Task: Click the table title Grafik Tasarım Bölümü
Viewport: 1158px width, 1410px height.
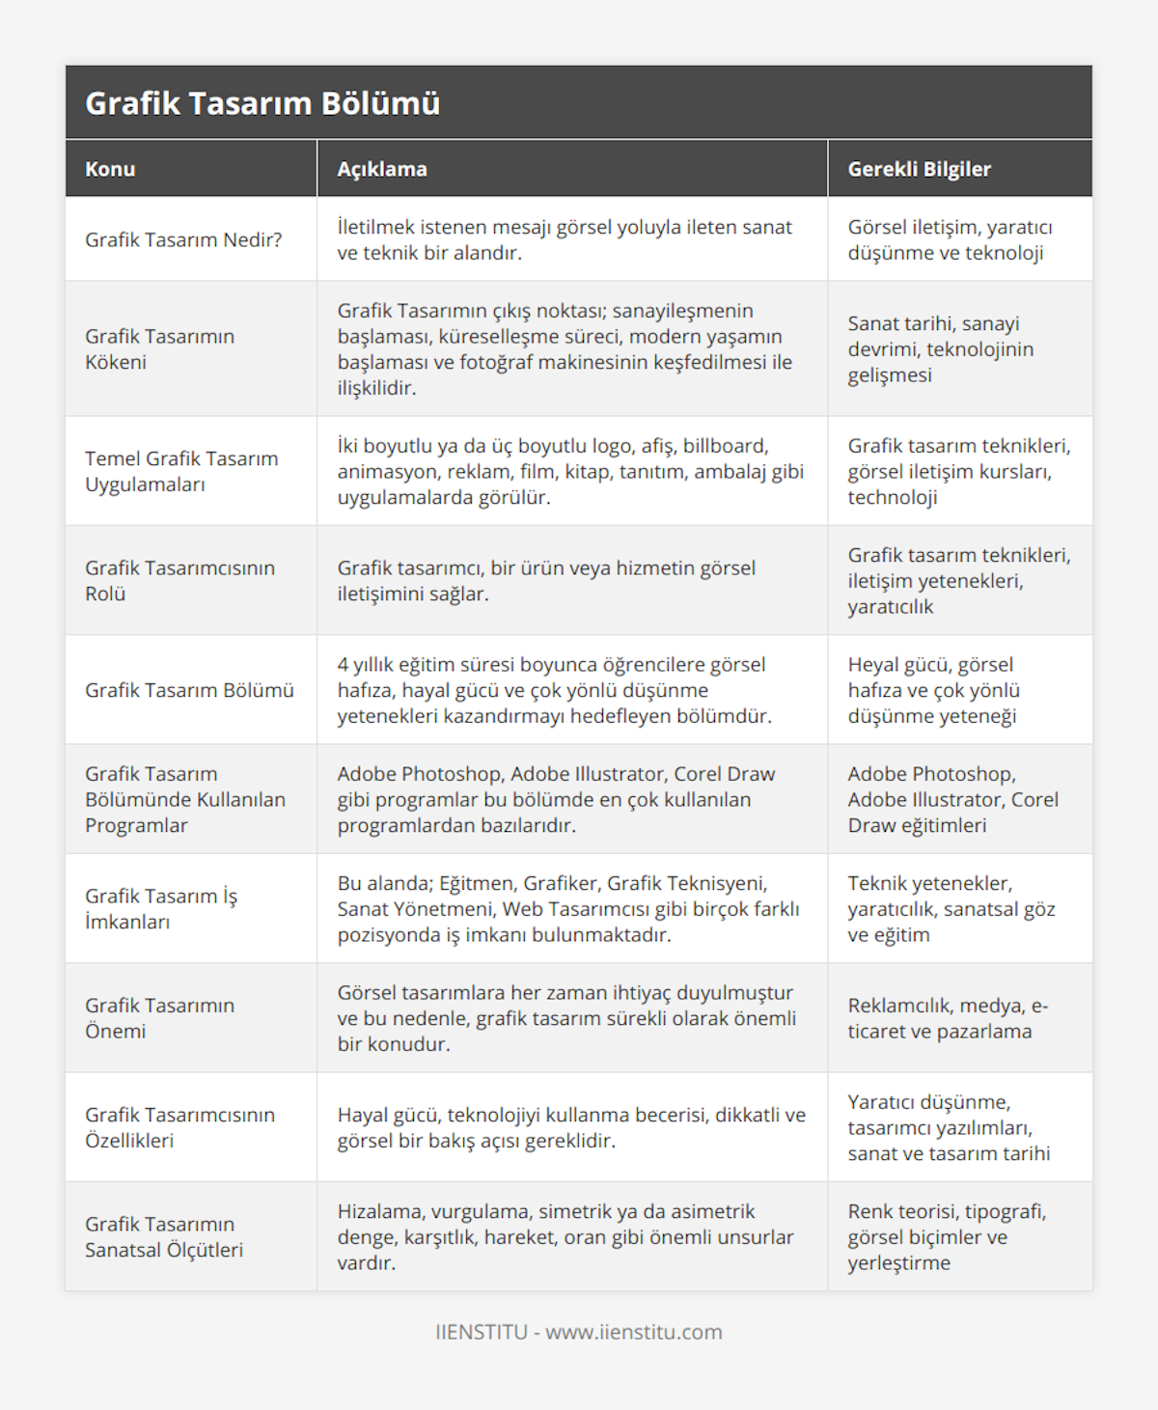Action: point(262,103)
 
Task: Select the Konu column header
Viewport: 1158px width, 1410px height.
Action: point(110,169)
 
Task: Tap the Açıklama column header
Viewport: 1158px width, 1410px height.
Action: point(382,169)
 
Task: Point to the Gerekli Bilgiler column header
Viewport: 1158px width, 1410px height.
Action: point(919,169)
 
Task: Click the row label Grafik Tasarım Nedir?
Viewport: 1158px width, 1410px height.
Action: point(183,239)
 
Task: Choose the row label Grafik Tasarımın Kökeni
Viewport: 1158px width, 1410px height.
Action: point(159,348)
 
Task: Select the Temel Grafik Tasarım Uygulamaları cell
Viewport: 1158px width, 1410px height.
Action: point(181,471)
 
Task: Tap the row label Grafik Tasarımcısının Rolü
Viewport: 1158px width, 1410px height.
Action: point(179,580)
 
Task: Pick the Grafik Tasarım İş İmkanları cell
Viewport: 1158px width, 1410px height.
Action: point(161,908)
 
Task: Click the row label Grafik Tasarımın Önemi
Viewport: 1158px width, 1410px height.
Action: point(159,1017)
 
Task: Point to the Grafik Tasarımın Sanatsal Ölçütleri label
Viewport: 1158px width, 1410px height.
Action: point(164,1236)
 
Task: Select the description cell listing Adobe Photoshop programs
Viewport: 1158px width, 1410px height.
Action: point(556,799)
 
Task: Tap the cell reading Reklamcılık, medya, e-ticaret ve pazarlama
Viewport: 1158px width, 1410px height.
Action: point(948,1017)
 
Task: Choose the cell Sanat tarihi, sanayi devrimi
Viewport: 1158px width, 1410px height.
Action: point(940,348)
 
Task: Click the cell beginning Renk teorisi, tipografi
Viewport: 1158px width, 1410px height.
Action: point(947,1236)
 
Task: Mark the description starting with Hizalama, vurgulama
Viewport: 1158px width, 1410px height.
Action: point(565,1236)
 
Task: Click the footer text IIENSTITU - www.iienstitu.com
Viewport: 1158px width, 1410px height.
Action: point(579,1332)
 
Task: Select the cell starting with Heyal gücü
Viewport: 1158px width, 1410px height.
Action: point(933,690)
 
